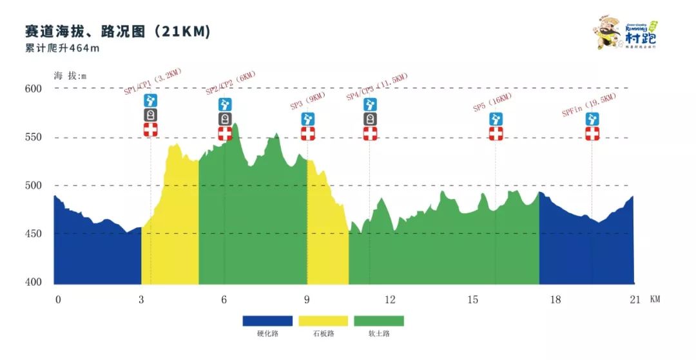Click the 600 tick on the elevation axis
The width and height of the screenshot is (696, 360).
pos(33,89)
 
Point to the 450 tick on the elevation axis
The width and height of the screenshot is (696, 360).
pos(33,234)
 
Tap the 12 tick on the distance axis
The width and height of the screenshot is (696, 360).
pos(389,299)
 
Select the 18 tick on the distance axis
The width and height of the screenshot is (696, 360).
pos(556,299)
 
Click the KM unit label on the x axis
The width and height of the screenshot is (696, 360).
pos(655,299)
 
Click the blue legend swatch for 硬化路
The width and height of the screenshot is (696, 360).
pos(267,321)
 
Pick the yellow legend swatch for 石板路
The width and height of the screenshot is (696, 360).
pos(323,321)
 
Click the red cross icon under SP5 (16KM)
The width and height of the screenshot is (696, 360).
pos(496,133)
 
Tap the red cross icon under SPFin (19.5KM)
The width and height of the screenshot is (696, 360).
pos(592,133)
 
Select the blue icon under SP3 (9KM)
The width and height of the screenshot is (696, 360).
pos(308,119)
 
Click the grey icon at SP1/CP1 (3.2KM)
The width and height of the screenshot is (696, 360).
pos(150,115)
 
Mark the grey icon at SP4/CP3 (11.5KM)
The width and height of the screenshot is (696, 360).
pos(370,119)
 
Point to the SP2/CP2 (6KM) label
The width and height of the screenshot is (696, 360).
pos(231,83)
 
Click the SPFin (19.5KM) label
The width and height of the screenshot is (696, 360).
pos(589,104)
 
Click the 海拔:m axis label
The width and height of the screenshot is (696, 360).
pos(70,75)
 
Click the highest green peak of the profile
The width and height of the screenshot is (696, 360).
pos(236,124)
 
